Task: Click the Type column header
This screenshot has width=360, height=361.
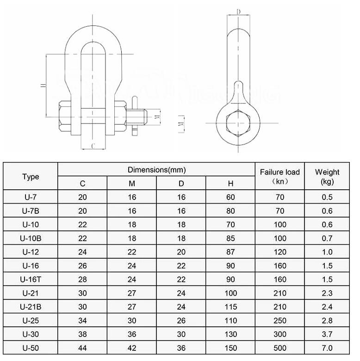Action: coord(31,176)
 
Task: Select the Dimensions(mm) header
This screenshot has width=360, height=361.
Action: coord(156,170)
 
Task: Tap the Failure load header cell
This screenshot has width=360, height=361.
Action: coord(279,176)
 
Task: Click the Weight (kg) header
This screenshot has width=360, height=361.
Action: coord(327,176)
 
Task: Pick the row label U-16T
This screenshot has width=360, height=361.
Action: coord(31,279)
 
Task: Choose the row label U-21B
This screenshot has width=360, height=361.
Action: coord(31,306)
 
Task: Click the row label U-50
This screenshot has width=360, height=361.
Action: coord(31,348)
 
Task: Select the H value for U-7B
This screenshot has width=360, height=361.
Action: coord(231,211)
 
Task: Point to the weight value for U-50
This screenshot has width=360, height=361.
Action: coord(327,348)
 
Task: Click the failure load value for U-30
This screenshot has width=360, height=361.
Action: coord(279,334)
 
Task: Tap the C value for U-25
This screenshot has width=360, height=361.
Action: coord(82,320)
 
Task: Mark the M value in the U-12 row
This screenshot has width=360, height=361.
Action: coord(132,252)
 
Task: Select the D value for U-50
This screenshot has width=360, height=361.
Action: coord(181,348)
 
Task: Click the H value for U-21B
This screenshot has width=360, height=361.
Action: coord(231,306)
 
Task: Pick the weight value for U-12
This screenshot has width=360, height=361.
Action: coord(327,252)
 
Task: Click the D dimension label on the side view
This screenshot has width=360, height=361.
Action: coord(238,12)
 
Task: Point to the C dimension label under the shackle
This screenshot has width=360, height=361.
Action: coord(93,146)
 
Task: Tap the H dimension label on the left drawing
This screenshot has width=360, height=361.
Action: coord(43,86)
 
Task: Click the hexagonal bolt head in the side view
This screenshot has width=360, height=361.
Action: coord(237,123)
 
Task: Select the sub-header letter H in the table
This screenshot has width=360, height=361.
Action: coord(231,183)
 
